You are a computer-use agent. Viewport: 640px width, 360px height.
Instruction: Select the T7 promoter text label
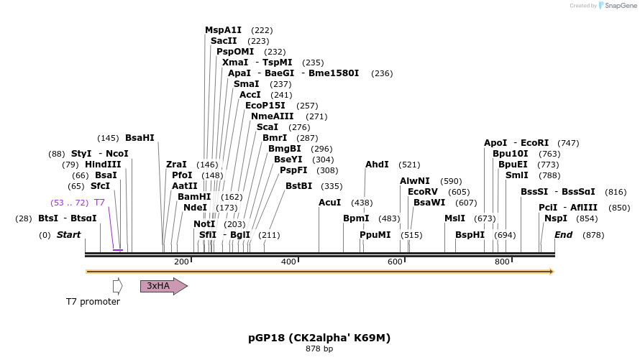93,302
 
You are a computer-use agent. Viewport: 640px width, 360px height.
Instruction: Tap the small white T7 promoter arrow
117,286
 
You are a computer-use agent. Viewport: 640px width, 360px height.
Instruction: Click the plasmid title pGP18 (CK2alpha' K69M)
319,337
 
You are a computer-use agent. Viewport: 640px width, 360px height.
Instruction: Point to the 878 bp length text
319,349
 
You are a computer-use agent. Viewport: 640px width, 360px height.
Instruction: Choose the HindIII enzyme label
103,165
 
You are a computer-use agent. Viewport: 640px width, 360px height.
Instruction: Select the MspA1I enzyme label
223,30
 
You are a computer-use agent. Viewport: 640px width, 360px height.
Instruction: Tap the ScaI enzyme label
268,127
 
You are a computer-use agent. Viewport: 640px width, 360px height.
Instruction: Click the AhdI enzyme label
377,165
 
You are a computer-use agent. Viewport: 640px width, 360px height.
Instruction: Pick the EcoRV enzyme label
422,192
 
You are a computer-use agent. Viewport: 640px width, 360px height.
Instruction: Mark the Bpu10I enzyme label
511,154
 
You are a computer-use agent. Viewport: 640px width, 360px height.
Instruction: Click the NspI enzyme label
556,218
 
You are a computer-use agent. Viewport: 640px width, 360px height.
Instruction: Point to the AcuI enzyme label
329,203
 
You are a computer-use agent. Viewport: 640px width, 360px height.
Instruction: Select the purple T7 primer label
99,203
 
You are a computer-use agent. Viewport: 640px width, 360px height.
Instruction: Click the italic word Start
68,235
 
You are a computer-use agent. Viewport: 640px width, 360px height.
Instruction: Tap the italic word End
563,235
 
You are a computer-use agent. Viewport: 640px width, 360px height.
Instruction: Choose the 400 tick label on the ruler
288,262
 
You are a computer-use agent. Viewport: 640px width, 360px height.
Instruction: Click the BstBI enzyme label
298,186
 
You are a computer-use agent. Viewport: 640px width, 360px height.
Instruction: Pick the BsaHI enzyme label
140,138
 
